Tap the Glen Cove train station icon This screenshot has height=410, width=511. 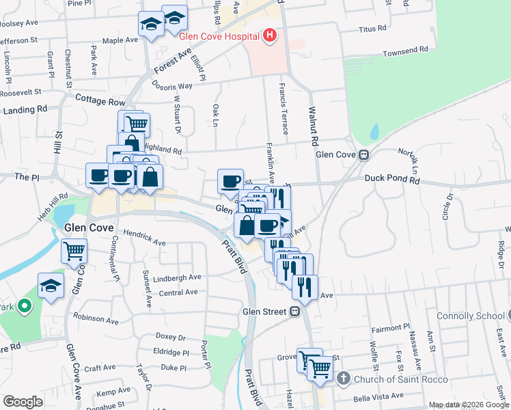pyautogui.click(x=364, y=154)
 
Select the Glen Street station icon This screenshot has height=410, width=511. pyautogui.click(x=296, y=312)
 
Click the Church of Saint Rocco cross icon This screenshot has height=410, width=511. pyautogui.click(x=343, y=379)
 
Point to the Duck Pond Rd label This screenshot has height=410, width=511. pyautogui.click(x=391, y=179)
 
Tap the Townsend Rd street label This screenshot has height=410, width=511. pyautogui.click(x=405, y=52)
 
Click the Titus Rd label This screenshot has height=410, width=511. pyautogui.click(x=372, y=30)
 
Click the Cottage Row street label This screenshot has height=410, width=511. pyautogui.click(x=96, y=100)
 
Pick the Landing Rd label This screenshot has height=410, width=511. pyautogui.click(x=24, y=109)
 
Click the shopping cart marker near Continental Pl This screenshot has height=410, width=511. pyautogui.click(x=74, y=250)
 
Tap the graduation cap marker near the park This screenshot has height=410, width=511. pyautogui.click(x=51, y=286)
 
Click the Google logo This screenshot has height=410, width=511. pyautogui.click(x=23, y=402)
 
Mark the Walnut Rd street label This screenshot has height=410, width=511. pyautogui.click(x=314, y=126)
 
